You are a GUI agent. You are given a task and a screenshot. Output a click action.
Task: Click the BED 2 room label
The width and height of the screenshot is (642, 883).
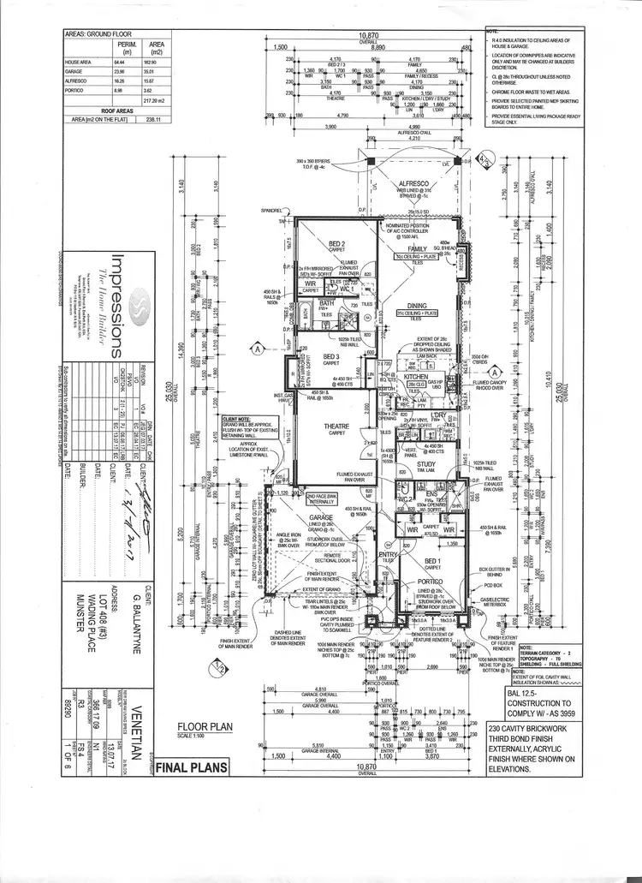(336, 243)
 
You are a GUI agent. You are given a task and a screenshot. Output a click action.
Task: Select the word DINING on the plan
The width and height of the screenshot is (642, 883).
(417, 306)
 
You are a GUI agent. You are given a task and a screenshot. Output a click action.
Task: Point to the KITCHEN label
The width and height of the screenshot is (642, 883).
(415, 376)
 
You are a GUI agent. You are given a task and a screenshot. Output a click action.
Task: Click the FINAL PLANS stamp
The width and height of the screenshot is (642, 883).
(192, 767)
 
